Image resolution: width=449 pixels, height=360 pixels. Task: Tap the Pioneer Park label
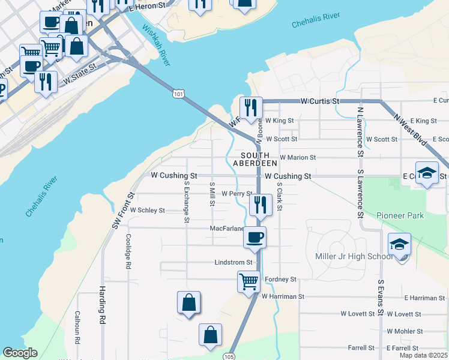(x=400, y=215)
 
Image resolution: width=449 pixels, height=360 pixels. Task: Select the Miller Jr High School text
(x=354, y=257)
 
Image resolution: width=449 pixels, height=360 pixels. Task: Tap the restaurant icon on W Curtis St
(x=251, y=108)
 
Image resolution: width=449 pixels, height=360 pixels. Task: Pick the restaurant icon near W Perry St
(x=261, y=205)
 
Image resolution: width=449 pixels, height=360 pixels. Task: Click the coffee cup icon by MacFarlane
(x=255, y=238)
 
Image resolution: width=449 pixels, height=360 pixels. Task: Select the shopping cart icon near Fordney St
(x=249, y=280)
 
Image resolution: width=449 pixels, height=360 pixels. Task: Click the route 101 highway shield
(x=177, y=94)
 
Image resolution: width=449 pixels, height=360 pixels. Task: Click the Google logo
(x=20, y=353)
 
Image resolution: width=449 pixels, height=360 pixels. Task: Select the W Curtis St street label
(x=321, y=101)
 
